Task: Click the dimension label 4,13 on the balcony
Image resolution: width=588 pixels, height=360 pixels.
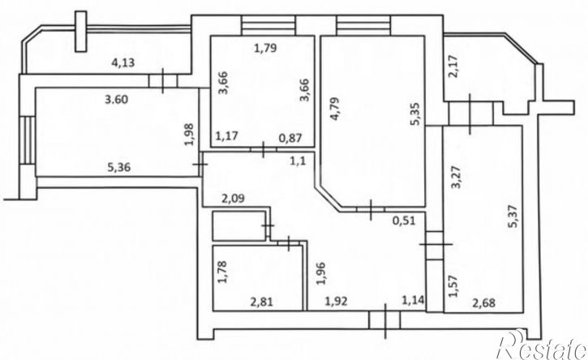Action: click(x=123, y=62)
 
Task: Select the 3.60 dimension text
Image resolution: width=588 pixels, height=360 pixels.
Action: click(x=116, y=100)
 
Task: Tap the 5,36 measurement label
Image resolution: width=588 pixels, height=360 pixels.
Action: click(x=119, y=167)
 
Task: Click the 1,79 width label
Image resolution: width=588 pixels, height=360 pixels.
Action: click(x=265, y=48)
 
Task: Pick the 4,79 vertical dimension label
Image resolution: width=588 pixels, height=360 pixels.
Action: click(x=335, y=109)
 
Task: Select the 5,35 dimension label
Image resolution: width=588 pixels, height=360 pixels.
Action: click(x=418, y=114)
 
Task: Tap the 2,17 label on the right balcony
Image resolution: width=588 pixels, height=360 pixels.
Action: click(x=453, y=66)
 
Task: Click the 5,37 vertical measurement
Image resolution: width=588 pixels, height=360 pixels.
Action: click(x=513, y=216)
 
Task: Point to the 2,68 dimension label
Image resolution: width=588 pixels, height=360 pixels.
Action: click(x=483, y=302)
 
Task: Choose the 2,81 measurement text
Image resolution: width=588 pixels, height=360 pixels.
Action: click(x=262, y=301)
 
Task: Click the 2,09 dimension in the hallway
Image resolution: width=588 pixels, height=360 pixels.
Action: click(x=233, y=198)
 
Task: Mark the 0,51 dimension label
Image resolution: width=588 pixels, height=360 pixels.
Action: click(x=404, y=221)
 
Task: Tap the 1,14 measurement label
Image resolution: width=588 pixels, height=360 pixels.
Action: click(x=413, y=300)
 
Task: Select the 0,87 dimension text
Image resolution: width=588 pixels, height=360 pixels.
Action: click(x=290, y=138)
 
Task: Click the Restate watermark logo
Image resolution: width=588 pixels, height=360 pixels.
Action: click(x=542, y=345)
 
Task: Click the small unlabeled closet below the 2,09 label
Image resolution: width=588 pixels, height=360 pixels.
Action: click(x=239, y=225)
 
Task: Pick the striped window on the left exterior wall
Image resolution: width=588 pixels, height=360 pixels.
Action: click(x=28, y=140)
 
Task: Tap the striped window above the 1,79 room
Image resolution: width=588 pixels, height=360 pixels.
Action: click(x=268, y=25)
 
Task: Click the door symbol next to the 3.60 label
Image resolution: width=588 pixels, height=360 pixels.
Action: click(x=163, y=80)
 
